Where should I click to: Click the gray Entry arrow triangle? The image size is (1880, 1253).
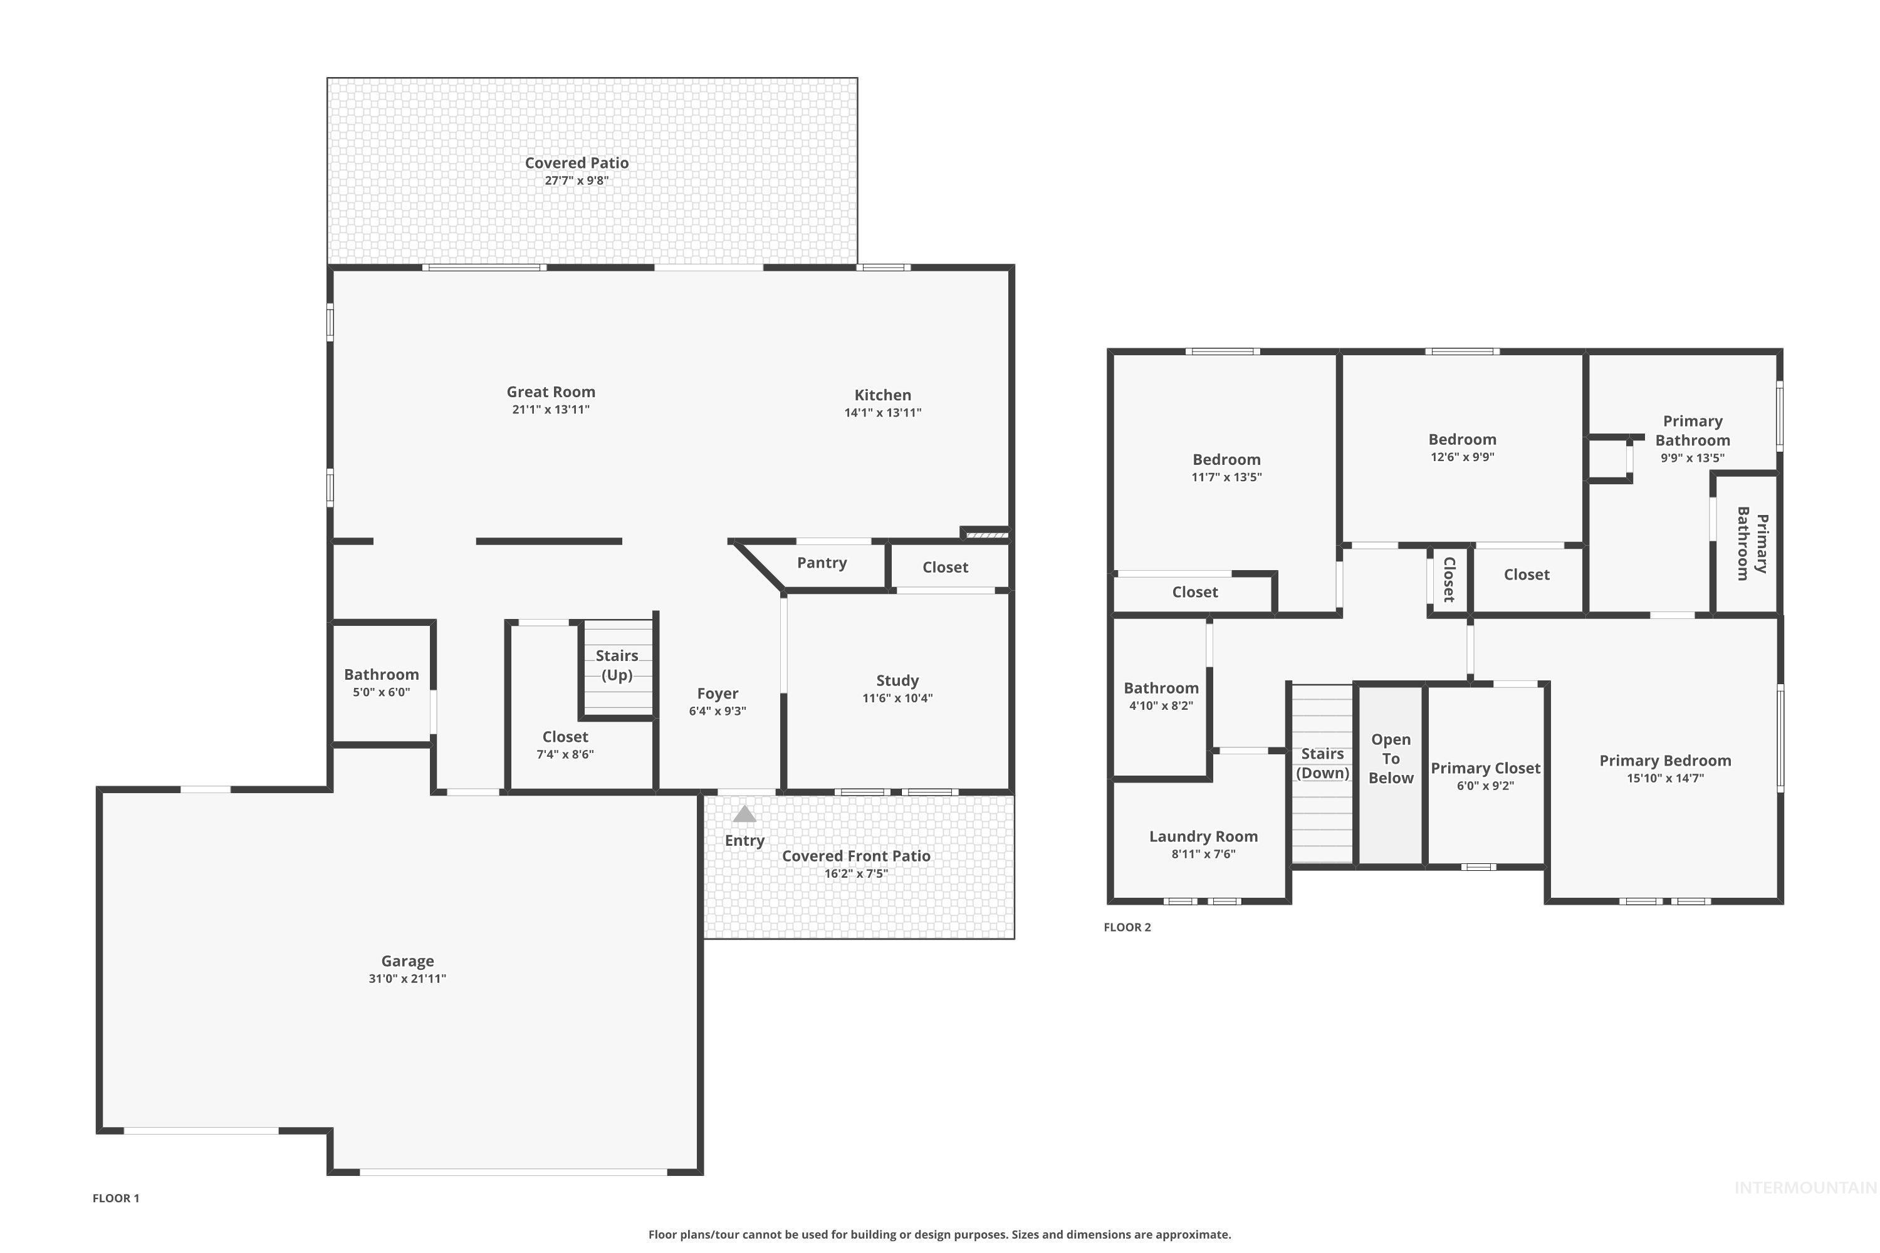click(744, 814)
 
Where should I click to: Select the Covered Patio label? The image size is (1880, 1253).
click(577, 163)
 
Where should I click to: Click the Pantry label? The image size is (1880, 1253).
click(822, 563)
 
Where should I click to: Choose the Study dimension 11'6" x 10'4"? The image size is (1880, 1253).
click(897, 699)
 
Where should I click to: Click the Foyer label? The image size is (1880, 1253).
click(717, 694)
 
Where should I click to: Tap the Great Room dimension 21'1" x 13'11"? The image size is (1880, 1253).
click(551, 410)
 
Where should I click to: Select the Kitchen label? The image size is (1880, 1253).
click(882, 395)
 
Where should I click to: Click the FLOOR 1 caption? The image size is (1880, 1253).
click(116, 1198)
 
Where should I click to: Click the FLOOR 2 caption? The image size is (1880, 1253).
click(1127, 927)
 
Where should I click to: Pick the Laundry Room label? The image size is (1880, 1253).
click(1203, 836)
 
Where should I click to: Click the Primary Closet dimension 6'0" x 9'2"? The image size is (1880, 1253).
click(1485, 786)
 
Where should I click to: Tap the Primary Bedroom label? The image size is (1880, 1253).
click(1665, 761)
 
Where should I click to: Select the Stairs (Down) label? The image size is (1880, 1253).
click(1322, 763)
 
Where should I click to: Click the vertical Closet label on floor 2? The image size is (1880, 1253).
click(1449, 580)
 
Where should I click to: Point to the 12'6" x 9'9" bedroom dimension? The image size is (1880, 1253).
click(1462, 457)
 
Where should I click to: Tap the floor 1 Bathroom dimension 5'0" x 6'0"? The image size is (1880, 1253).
click(381, 692)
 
